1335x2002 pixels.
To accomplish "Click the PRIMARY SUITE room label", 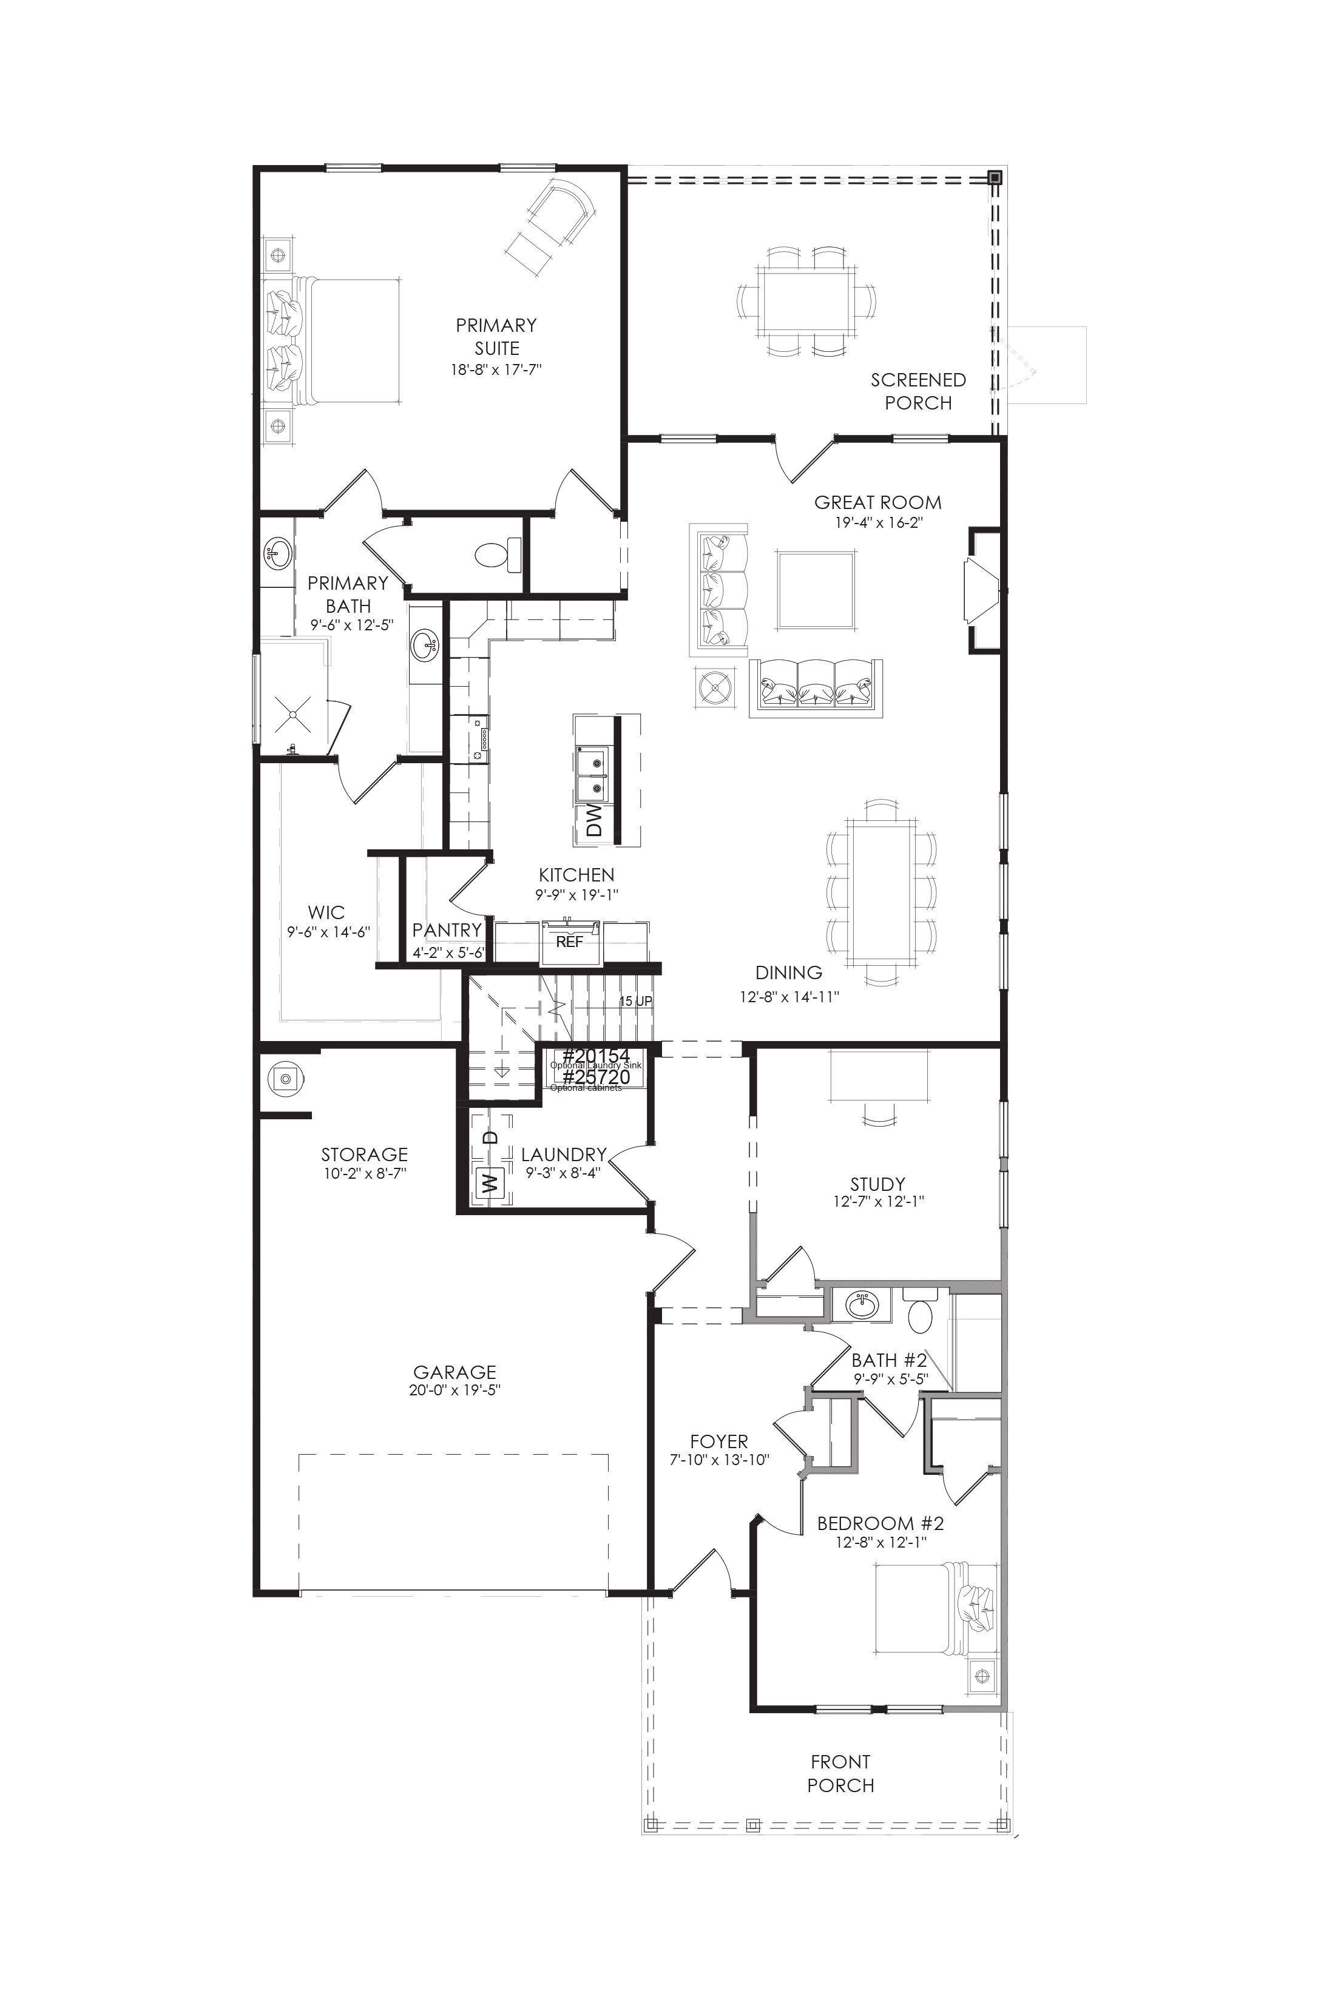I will click(x=496, y=336).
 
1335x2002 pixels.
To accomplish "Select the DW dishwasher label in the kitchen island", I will click(x=594, y=821).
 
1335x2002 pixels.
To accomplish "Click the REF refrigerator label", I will click(x=570, y=942).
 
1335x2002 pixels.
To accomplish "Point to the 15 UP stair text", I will click(x=635, y=1001).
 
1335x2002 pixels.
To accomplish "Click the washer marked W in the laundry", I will click(x=488, y=1182).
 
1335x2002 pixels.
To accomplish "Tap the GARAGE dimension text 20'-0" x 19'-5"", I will click(x=455, y=1390).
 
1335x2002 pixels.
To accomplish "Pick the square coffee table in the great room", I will click(x=815, y=590).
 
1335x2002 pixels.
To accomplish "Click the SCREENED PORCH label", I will click(x=918, y=391).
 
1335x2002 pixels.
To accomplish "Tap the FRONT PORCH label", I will click(x=840, y=1773).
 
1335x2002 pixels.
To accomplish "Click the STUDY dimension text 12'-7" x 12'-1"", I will click(x=878, y=1202).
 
